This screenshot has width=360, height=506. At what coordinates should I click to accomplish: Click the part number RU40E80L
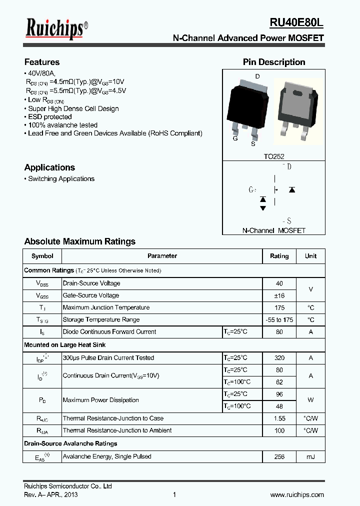coord(296,23)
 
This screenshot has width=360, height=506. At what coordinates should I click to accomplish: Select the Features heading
coord(42,62)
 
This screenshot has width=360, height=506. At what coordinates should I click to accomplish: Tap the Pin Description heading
coord(273,62)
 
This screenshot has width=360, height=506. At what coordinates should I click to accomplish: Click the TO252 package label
coord(273,156)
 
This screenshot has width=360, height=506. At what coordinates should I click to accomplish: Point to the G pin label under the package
coord(235,138)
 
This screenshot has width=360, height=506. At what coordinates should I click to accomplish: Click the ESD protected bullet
coord(49,117)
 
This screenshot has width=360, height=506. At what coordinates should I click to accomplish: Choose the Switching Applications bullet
coord(60,178)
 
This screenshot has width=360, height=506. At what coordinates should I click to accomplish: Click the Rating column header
coord(279,256)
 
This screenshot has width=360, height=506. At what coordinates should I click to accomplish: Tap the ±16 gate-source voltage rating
coord(279,295)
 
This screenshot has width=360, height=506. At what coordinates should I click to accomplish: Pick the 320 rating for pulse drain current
coord(279,358)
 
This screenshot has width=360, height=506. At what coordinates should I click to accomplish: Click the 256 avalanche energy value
coord(279,456)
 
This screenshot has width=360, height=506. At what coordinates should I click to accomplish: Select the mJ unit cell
coord(310,456)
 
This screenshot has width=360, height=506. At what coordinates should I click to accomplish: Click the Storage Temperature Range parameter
coord(101,319)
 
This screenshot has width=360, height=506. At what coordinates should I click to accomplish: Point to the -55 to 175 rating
coord(279,320)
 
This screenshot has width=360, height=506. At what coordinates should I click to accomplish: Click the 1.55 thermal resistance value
coord(279,418)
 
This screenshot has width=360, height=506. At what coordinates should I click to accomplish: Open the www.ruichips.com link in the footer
coord(297,494)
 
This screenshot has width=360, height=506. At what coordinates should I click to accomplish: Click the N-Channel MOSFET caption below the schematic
coord(273,230)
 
